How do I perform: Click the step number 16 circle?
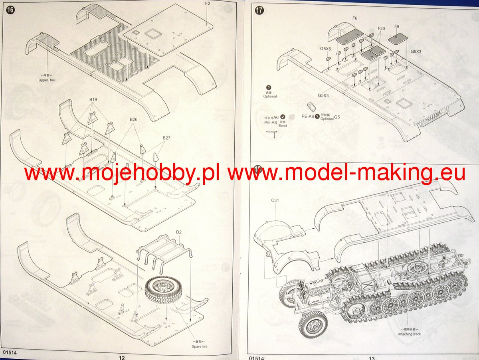pyautogui.click(x=10, y=10)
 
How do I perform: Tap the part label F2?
pyautogui.click(x=208, y=4)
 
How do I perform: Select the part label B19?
pyautogui.click(x=93, y=99)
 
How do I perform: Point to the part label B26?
pyautogui.click(x=133, y=119)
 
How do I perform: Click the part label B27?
pyautogui.click(x=166, y=138)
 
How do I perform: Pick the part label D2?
pyautogui.click(x=178, y=232)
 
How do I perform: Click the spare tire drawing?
pyautogui.click(x=164, y=291)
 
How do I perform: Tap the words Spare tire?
pyautogui.click(x=199, y=346)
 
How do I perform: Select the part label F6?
pyautogui.click(x=355, y=18)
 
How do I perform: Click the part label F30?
pyautogui.click(x=381, y=29)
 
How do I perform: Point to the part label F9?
pyautogui.click(x=396, y=26)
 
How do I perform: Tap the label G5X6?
pyautogui.click(x=325, y=49)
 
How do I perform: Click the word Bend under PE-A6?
pyautogui.click(x=283, y=126)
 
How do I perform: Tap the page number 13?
pyautogui.click(x=371, y=357)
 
